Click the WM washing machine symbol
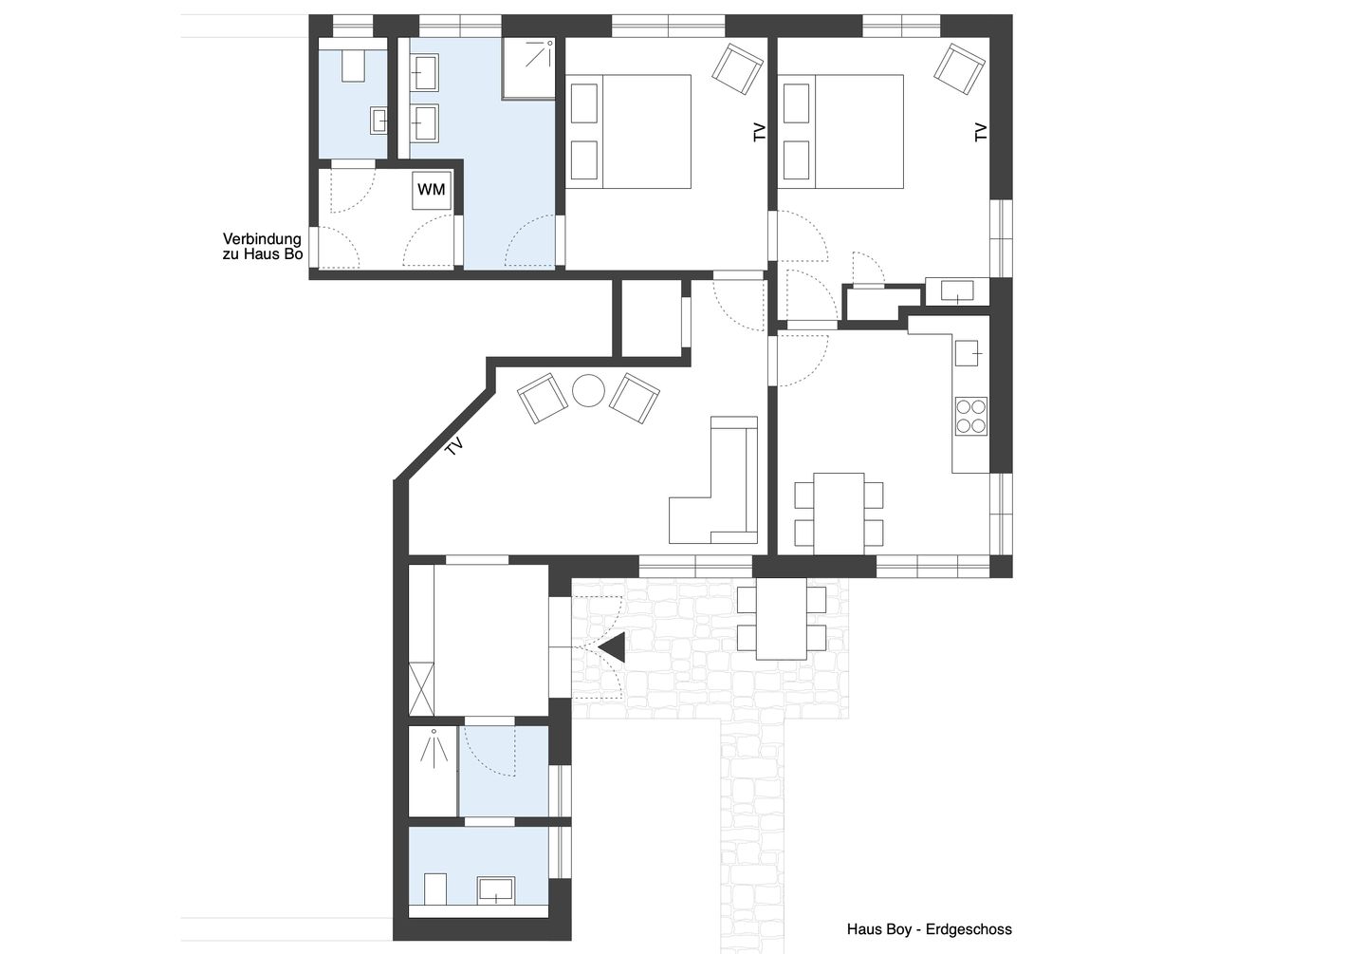pyautogui.click(x=432, y=190)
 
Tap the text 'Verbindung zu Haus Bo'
pyautogui.click(x=262, y=247)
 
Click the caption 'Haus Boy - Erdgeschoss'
pyautogui.click(x=929, y=929)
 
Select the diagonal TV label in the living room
pyautogui.click(x=455, y=446)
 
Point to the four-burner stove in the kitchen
pyautogui.click(x=970, y=416)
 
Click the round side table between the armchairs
pyautogui.click(x=588, y=391)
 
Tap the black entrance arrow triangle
pyautogui.click(x=613, y=647)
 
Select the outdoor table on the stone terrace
pyautogui.click(x=782, y=618)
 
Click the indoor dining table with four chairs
pyautogui.click(x=839, y=513)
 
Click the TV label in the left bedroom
pyautogui.click(x=759, y=133)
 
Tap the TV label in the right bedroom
pyautogui.click(x=981, y=133)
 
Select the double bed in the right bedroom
pyautogui.click(x=842, y=131)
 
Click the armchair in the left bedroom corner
pyautogui.click(x=738, y=68)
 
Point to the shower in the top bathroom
pyautogui.click(x=528, y=68)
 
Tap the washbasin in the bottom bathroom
pyautogui.click(x=496, y=889)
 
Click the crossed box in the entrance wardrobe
pyautogui.click(x=421, y=688)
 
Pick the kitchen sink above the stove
pyautogui.click(x=968, y=353)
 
